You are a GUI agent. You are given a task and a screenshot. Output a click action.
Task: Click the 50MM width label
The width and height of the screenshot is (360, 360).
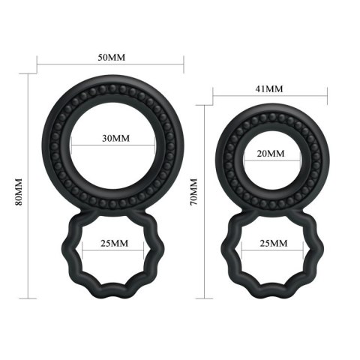tap(112, 58)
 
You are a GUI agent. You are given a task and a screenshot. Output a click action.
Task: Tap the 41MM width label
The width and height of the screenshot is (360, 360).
tap(269, 89)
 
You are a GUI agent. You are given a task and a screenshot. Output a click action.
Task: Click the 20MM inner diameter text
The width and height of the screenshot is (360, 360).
tap(269, 154)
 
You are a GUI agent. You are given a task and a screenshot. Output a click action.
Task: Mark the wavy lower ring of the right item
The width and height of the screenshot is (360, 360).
tap(228, 247)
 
